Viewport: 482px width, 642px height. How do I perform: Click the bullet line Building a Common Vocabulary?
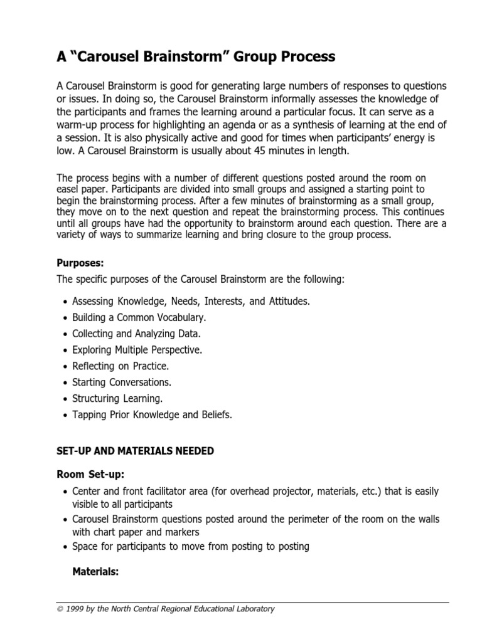(x=139, y=318)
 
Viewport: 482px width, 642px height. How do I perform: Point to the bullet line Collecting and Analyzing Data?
(x=136, y=334)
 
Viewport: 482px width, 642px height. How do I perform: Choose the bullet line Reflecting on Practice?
(x=120, y=366)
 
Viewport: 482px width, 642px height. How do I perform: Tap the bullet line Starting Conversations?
(x=122, y=382)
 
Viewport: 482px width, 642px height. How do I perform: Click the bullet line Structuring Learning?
(x=117, y=398)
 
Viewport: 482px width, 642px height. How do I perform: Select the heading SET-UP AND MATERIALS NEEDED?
(x=135, y=450)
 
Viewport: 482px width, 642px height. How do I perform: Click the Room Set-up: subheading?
(x=95, y=474)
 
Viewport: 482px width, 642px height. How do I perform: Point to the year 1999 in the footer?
(x=76, y=609)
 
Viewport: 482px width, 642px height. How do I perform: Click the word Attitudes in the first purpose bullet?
(x=288, y=302)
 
